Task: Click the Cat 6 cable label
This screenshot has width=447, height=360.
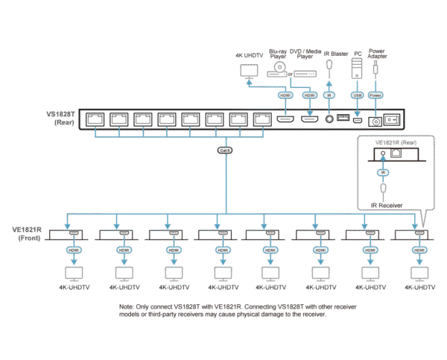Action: coord(223,151)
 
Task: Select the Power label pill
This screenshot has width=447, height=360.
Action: coord(375,95)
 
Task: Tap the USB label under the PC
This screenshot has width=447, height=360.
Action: coord(356,95)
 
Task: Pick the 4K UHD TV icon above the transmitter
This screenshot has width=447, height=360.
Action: coord(247,70)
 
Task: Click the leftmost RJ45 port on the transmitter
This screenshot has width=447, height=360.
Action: coord(96,119)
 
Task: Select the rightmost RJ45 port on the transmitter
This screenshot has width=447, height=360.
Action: coord(261,119)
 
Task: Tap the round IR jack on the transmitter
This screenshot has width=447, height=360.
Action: coord(329,119)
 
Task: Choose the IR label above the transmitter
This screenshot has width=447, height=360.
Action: coord(329,95)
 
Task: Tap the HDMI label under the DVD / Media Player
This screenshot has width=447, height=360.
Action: coord(309,95)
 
